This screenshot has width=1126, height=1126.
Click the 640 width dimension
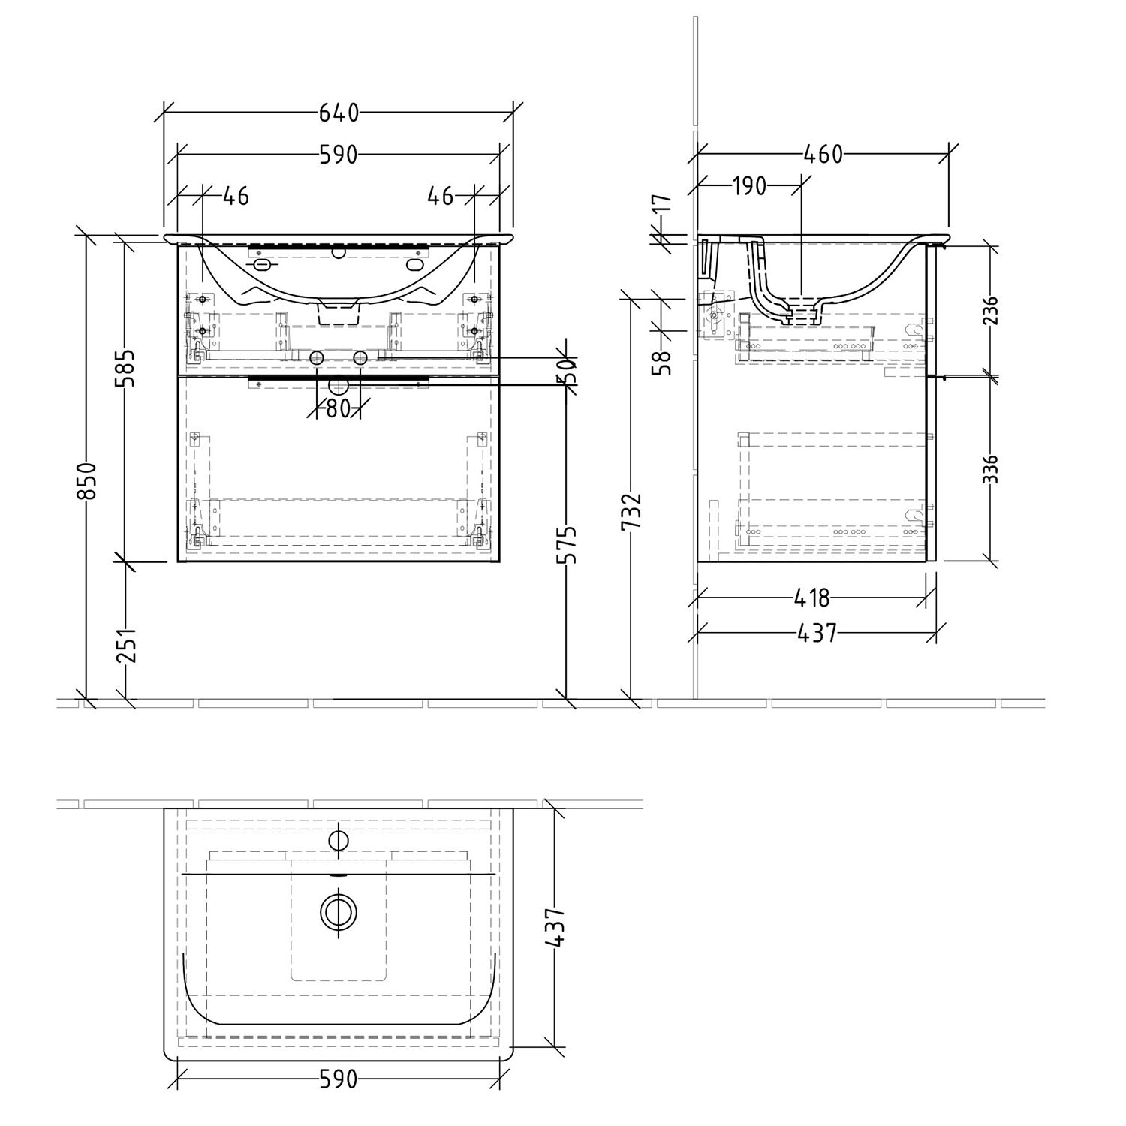tap(339, 113)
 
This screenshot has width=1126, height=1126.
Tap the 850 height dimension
tap(87, 480)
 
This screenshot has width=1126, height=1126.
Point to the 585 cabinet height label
tap(126, 367)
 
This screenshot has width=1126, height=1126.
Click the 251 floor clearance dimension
tap(126, 643)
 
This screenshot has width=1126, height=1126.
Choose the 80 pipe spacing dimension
tap(339, 409)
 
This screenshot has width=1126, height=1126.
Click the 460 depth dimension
tap(823, 155)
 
